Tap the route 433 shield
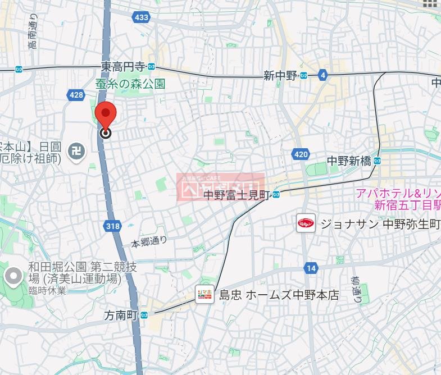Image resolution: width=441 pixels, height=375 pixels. point(142,17)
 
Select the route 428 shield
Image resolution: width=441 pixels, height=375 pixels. point(77,95)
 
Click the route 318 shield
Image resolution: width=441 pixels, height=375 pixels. point(112,226)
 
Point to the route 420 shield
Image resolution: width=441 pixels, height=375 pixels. point(301,154)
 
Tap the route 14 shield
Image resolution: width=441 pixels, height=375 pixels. point(311,268)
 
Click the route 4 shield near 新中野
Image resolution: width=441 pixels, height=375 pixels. point(322,75)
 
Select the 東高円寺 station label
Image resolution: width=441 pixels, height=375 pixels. point(123,67)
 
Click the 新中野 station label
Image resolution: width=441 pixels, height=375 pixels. point(280,76)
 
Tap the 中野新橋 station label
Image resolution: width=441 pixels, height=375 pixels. point(349,161)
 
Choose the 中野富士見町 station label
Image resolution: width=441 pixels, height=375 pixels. point(237,195)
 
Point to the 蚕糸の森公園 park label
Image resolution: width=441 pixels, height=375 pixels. point(130,84)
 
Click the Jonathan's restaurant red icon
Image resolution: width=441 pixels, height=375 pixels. point(306,224)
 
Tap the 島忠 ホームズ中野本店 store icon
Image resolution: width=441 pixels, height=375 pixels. point(204,294)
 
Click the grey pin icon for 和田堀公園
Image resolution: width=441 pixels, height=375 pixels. point(12,276)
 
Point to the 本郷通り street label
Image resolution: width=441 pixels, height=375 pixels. point(149,242)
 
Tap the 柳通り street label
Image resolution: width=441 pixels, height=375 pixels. point(356,288)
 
